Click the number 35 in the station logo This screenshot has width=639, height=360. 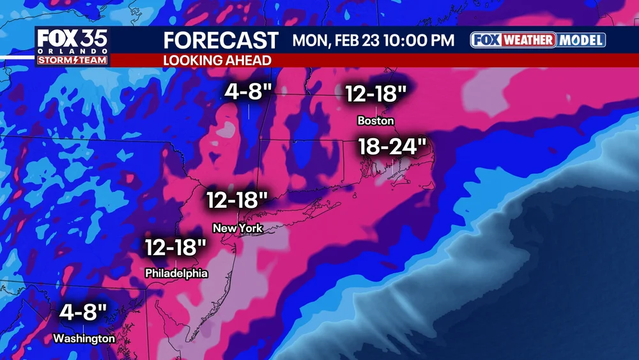[91, 38]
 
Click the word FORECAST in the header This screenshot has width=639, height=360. [221, 40]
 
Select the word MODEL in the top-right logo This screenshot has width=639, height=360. [581, 40]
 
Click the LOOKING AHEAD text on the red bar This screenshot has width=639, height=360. [217, 60]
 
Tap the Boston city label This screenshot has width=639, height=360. [376, 120]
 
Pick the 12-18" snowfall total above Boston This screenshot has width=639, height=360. [376, 94]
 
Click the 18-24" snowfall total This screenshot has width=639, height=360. [392, 146]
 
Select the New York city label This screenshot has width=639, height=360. [238, 228]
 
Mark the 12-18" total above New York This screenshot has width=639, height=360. [237, 200]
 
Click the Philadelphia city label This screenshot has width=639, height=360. [176, 273]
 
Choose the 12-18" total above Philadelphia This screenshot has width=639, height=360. [176, 247]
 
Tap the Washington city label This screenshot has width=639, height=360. [84, 338]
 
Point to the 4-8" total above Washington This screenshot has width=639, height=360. [83, 313]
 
